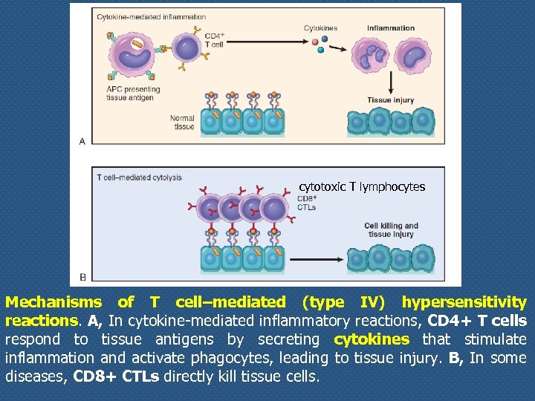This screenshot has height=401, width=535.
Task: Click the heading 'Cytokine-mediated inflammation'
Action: tap(151, 16)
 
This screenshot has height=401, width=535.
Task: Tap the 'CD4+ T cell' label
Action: tap(214, 40)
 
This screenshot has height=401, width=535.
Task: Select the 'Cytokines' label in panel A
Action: tap(320, 28)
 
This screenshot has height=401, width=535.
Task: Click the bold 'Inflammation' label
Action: tap(391, 28)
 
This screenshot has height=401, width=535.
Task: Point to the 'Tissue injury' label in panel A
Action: tap(390, 100)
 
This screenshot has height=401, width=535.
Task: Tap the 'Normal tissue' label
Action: tap(182, 122)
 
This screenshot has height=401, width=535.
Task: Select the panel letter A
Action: tap(82, 140)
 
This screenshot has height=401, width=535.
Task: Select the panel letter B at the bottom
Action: tap(82, 277)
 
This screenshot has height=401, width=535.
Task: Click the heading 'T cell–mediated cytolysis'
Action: tap(139, 177)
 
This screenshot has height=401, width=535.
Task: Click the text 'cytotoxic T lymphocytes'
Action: tap(362, 187)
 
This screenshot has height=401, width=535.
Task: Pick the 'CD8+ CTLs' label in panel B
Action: tap(307, 203)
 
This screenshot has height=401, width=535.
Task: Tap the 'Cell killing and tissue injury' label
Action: tap(391, 229)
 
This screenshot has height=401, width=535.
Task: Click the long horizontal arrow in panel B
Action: tap(317, 259)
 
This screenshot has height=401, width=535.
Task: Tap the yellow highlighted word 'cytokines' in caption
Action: tap(372, 339)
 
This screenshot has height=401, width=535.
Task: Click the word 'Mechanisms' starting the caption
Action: tap(53, 302)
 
